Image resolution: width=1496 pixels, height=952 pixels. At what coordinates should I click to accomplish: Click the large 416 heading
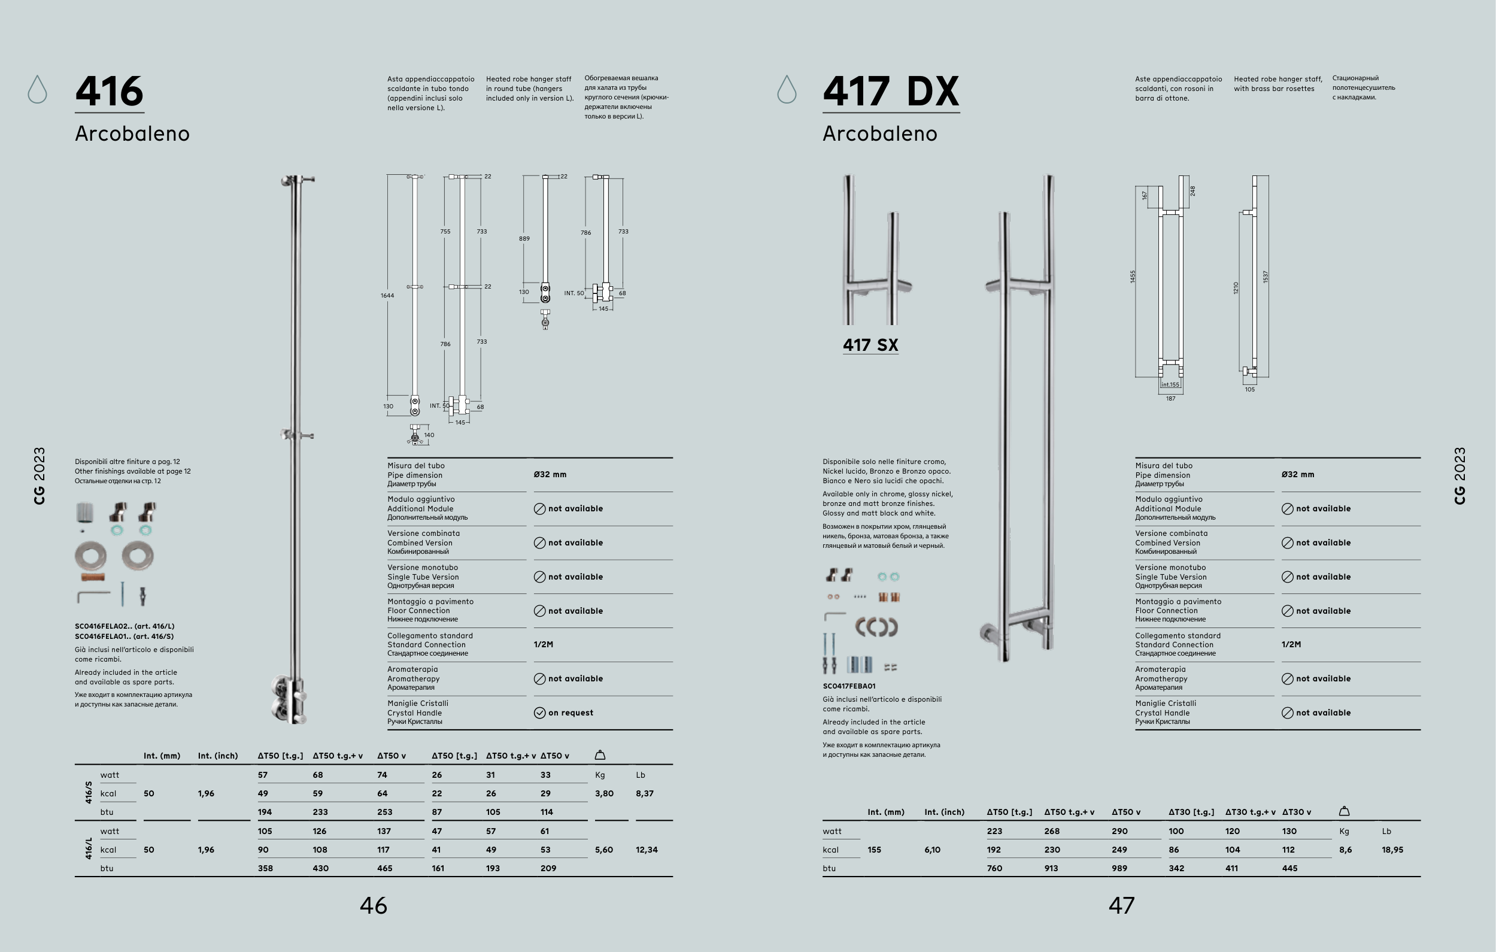pyautogui.click(x=110, y=92)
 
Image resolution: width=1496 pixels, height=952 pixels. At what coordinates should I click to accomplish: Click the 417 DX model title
pyautogui.click(x=891, y=92)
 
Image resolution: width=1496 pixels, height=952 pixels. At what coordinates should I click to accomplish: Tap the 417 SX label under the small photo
pyautogui.click(x=870, y=345)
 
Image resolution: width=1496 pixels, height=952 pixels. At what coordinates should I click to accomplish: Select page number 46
pyautogui.click(x=374, y=905)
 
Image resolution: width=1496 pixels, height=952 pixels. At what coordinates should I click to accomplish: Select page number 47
pyautogui.click(x=1121, y=905)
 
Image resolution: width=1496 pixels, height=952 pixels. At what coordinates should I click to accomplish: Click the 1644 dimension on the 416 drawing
pyautogui.click(x=387, y=296)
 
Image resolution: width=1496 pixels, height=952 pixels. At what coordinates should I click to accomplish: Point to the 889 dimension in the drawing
pyautogui.click(x=524, y=239)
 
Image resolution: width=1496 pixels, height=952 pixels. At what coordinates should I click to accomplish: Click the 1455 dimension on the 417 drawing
pyautogui.click(x=1133, y=277)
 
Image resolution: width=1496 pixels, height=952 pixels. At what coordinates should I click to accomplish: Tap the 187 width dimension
pyautogui.click(x=1170, y=399)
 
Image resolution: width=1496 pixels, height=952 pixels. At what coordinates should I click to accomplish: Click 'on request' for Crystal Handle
pyautogui.click(x=571, y=713)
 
